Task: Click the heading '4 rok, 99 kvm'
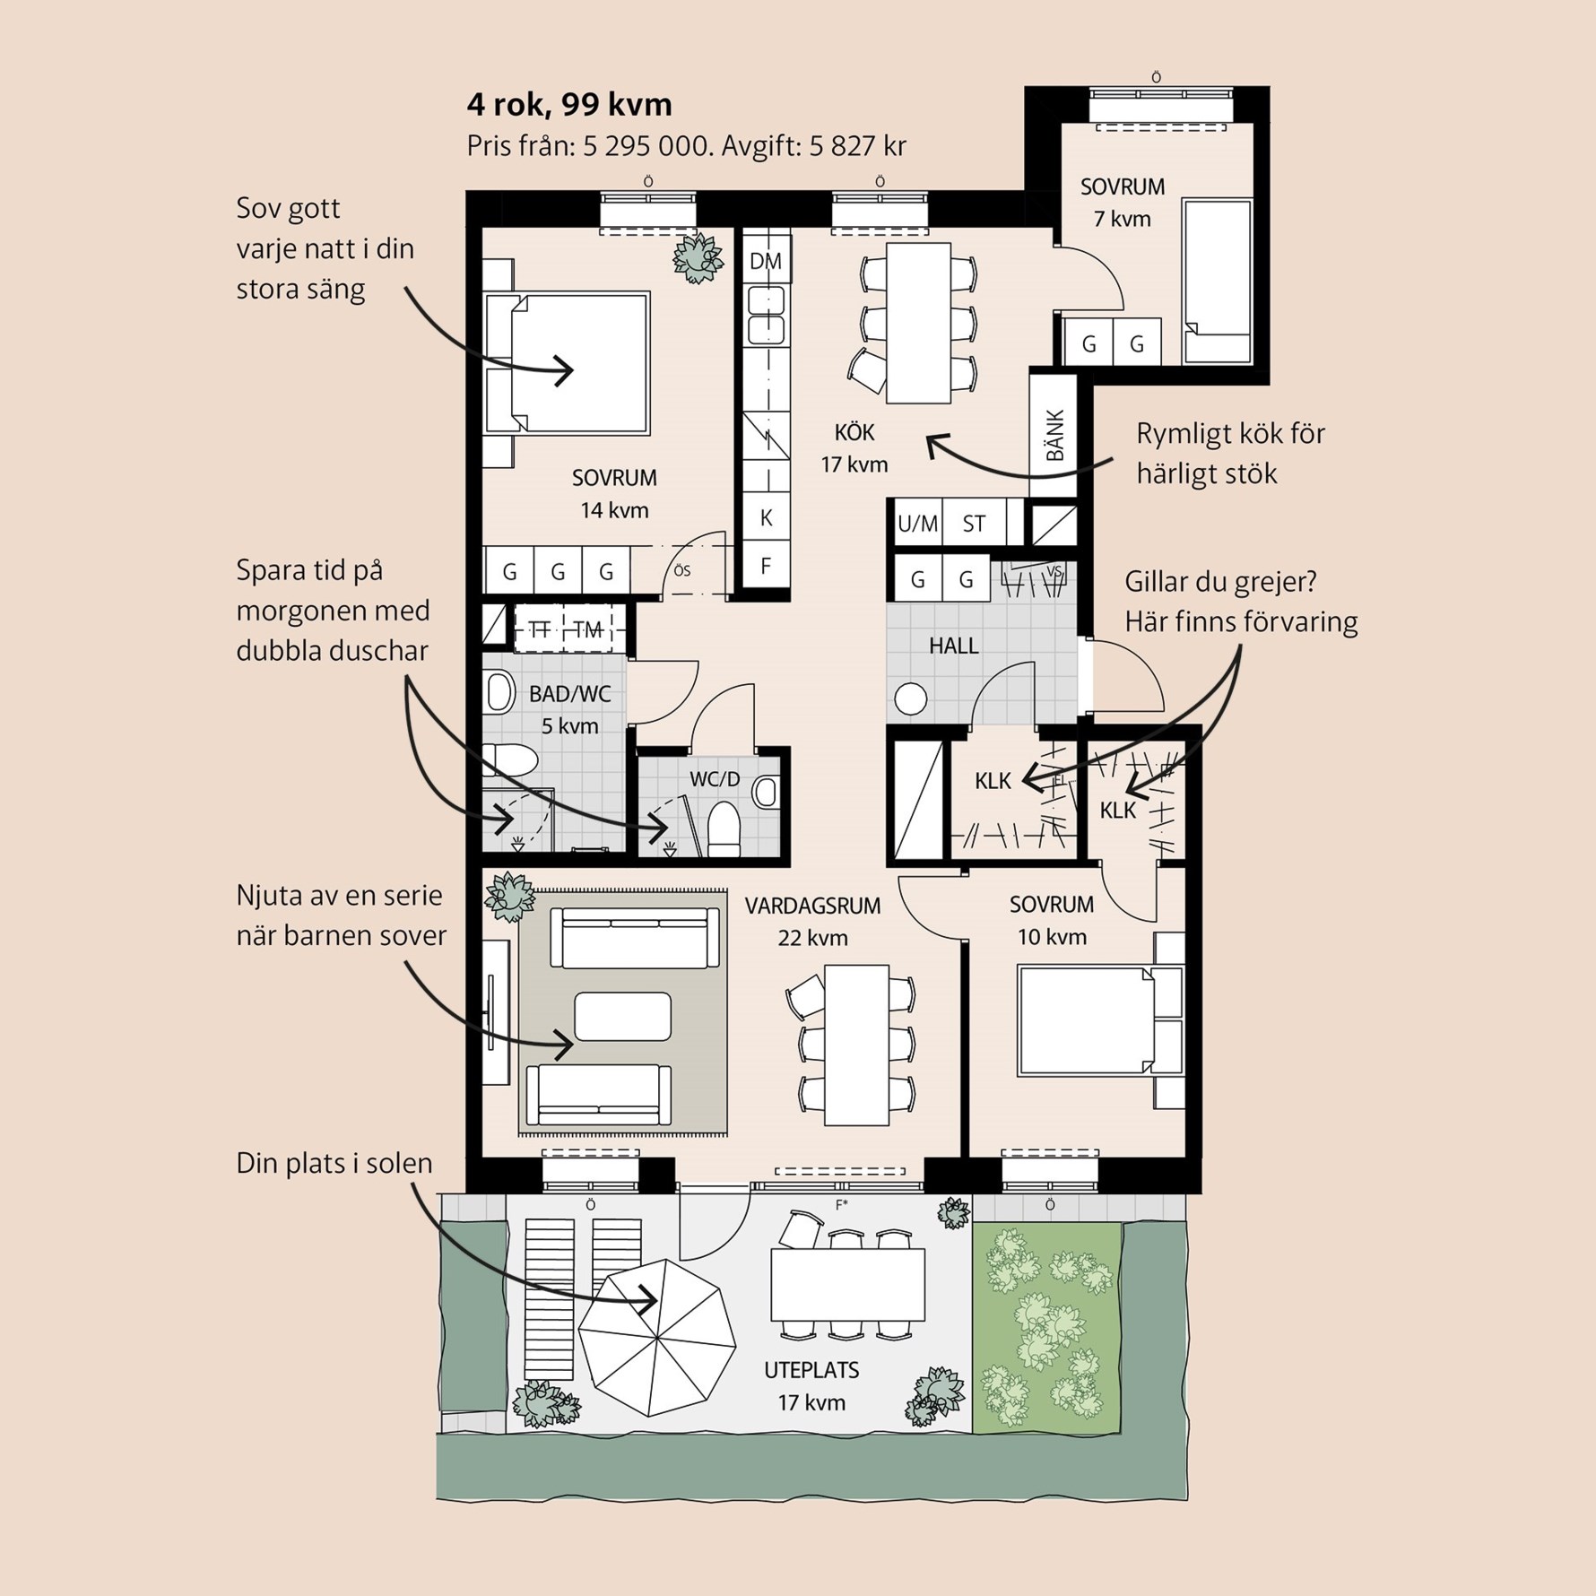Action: click(x=569, y=106)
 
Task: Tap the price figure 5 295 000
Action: click(x=646, y=145)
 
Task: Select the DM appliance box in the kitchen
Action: click(x=766, y=261)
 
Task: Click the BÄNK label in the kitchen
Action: click(x=1054, y=436)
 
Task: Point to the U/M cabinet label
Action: click(x=918, y=524)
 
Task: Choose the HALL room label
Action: click(x=953, y=646)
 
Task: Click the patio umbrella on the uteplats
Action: click(x=657, y=1338)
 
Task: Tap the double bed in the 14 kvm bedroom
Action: click(x=568, y=363)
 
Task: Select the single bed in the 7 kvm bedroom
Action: click(x=1217, y=282)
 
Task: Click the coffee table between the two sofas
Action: click(x=622, y=1016)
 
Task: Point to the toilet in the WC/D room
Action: click(x=724, y=828)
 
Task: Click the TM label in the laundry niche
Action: click(x=588, y=630)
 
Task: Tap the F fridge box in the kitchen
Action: click(x=766, y=566)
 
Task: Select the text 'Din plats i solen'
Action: click(x=334, y=1163)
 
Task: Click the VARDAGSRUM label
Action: click(x=813, y=906)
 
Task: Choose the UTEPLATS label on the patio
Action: click(x=811, y=1370)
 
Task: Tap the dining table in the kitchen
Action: click(x=918, y=323)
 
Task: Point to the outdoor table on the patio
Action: click(x=847, y=1284)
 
